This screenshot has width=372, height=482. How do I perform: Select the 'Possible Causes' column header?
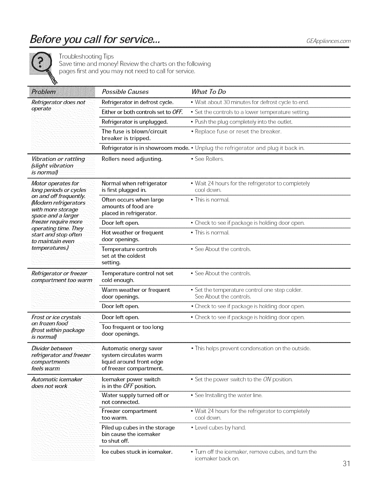tap(125, 92)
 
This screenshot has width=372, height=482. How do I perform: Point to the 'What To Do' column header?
tap(209, 92)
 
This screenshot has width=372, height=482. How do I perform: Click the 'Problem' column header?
tap(44, 92)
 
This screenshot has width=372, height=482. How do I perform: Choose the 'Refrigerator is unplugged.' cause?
tap(135, 122)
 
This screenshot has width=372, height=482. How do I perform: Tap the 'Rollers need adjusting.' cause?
tap(132, 159)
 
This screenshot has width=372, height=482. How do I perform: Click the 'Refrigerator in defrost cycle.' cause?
tap(137, 102)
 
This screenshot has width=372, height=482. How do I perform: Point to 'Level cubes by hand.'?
tap(220, 428)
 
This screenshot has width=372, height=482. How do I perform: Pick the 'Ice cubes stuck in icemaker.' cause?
tap(137, 452)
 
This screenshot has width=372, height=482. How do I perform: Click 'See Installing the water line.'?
tap(228, 395)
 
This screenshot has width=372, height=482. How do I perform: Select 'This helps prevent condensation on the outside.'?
tap(252, 348)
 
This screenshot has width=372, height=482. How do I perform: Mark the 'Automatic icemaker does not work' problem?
tap(57, 383)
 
